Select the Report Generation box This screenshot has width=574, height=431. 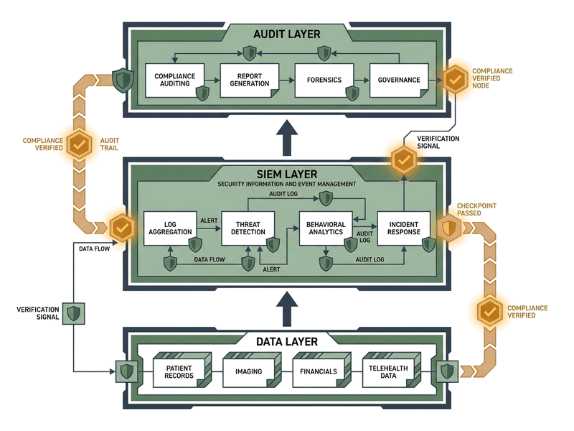tap(249, 80)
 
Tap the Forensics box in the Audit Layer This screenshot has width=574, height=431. tap(324, 80)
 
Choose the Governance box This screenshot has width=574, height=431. tap(398, 80)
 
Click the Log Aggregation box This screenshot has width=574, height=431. tap(170, 228)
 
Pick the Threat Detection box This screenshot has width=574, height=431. tap(249, 228)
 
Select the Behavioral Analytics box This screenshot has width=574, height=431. tap(326, 228)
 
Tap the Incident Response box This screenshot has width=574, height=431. tap(403, 228)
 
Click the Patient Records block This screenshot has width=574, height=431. tap(179, 371)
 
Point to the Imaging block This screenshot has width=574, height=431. tap(248, 371)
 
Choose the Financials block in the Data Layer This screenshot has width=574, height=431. tap(318, 371)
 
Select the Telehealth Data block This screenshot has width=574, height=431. tap(388, 371)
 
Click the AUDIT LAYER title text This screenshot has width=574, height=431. tap(287, 34)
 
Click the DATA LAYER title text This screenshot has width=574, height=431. tap(287, 341)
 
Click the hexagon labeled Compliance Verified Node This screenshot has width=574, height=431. tap(454, 79)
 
